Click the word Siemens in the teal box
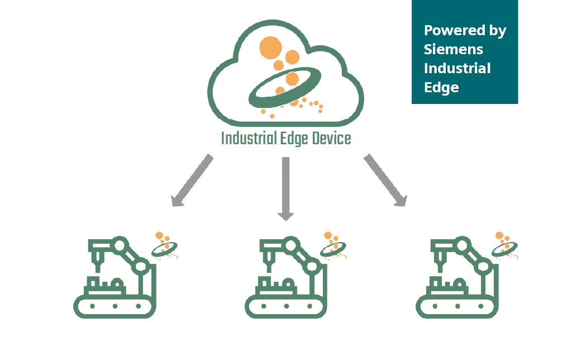pyautogui.click(x=453, y=49)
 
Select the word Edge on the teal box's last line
pyautogui.click(x=441, y=87)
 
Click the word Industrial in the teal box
pyautogui.click(x=457, y=68)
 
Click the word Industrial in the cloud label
pyautogui.click(x=248, y=138)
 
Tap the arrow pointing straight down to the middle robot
pyautogui.click(x=285, y=188)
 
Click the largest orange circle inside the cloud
pyautogui.click(x=270, y=47)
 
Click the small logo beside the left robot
pyautogui.click(x=165, y=245)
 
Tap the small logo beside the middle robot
pyautogui.click(x=334, y=245)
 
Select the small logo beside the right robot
pyautogui.click(x=505, y=245)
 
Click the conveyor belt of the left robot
pyautogui.click(x=115, y=306)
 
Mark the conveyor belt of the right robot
pyautogui.click(x=457, y=306)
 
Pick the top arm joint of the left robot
pyautogui.click(x=118, y=244)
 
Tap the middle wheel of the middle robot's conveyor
pyautogui.click(x=285, y=306)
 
